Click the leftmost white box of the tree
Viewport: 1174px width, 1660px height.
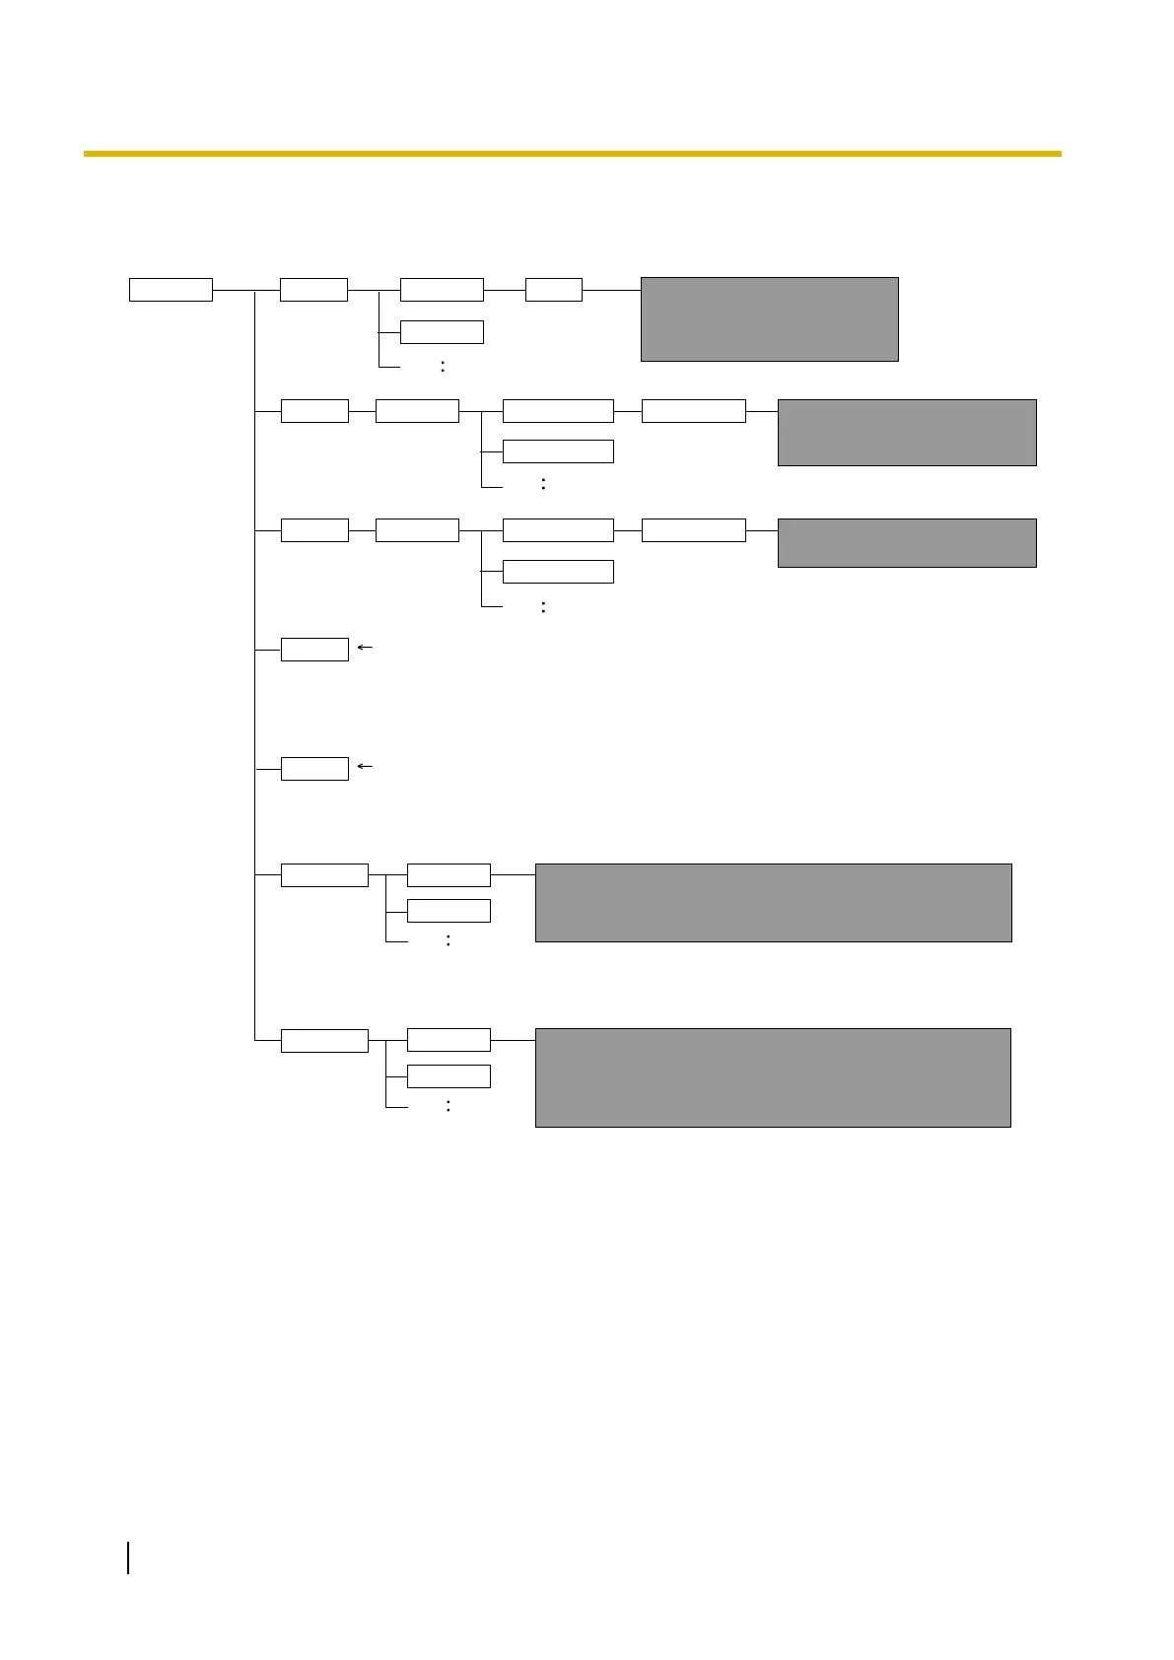(171, 290)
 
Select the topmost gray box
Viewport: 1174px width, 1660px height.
(769, 319)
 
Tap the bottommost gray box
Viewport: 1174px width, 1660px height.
(773, 1077)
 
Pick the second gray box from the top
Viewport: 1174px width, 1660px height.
(907, 432)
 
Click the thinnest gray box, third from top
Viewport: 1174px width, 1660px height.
(907, 543)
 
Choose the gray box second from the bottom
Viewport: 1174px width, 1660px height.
(773, 903)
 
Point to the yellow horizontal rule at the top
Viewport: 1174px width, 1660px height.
(572, 154)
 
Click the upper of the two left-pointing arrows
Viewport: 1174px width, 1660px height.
(365, 648)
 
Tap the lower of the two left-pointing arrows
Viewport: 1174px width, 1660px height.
(365, 766)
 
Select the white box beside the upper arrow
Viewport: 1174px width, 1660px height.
(314, 650)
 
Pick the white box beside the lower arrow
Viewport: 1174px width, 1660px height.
(314, 769)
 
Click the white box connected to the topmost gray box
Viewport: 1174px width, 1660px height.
(554, 290)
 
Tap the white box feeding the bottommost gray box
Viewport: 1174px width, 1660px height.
(449, 1040)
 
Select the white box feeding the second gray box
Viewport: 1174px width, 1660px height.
(693, 411)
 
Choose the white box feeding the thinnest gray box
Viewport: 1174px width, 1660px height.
(693, 530)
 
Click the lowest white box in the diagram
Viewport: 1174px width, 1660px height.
(449, 1076)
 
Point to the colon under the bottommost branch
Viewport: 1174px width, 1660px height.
(449, 1106)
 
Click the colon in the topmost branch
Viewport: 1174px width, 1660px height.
(443, 367)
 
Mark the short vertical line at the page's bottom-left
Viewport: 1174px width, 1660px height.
(129, 1558)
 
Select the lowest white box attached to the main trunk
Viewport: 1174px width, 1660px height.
(324, 1041)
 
